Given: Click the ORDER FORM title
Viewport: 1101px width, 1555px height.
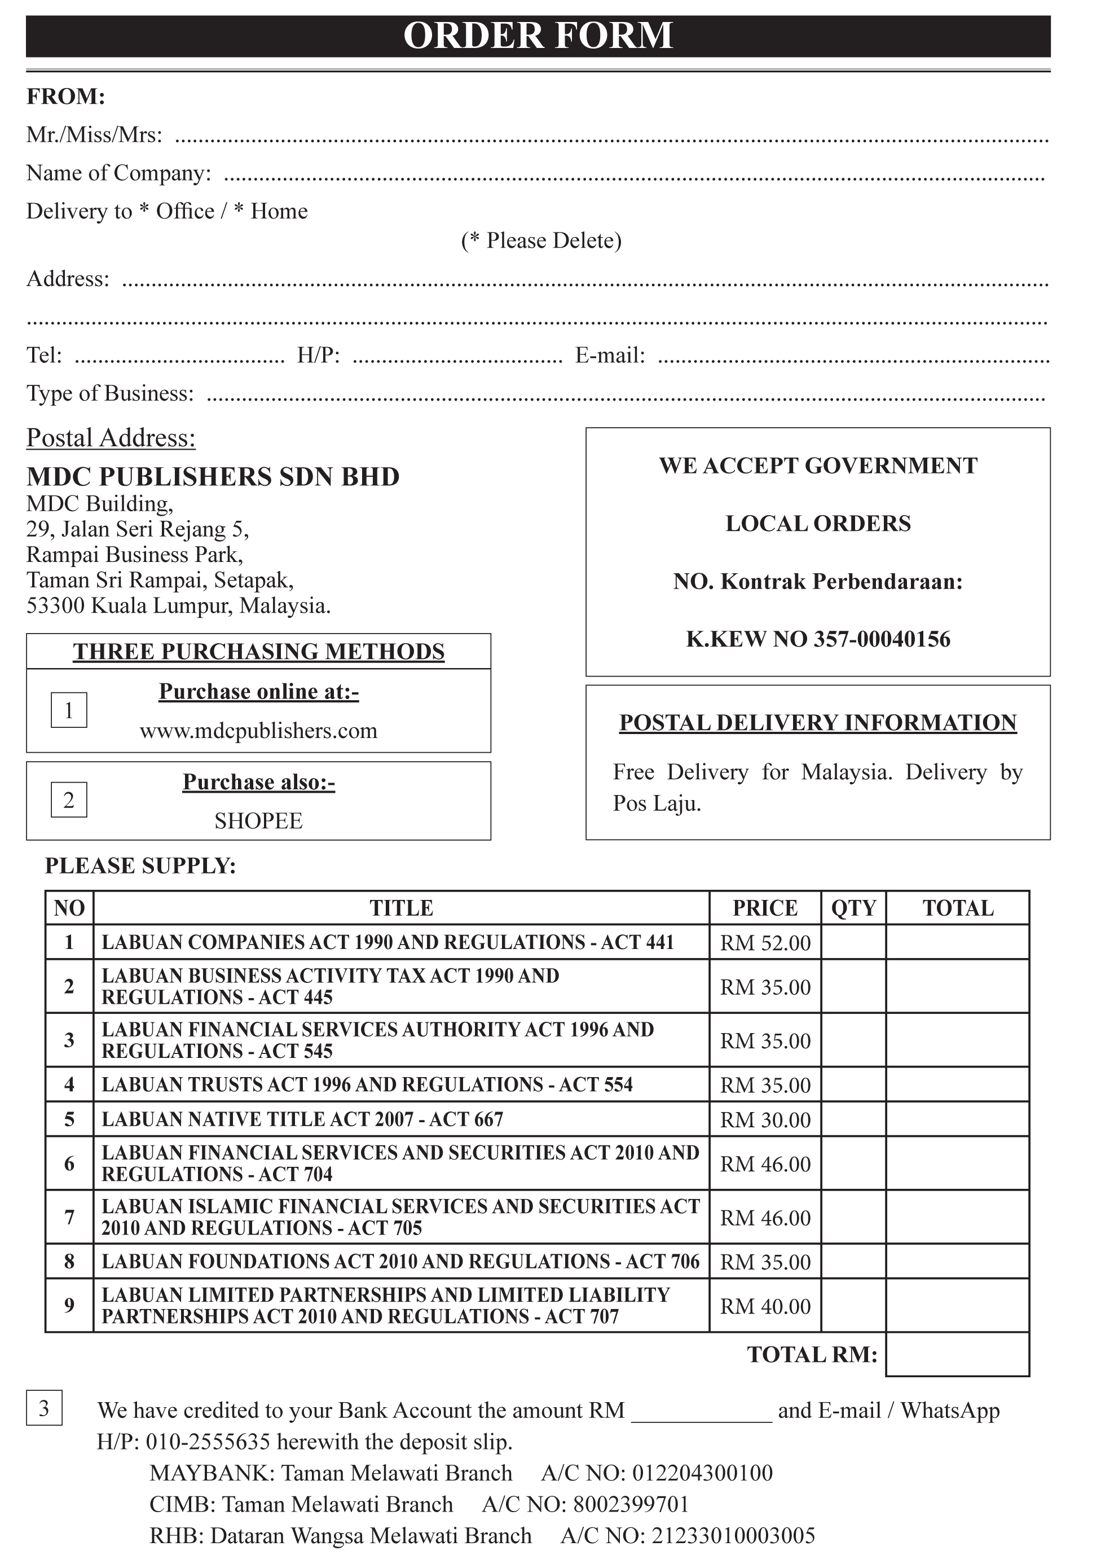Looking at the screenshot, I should pyautogui.click(x=538, y=36).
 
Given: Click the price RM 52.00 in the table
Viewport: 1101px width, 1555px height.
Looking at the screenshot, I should pyautogui.click(x=765, y=943).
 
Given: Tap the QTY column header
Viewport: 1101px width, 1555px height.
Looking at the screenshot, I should pyautogui.click(x=853, y=908).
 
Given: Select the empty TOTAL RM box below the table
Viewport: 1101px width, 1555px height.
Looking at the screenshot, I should pyautogui.click(x=957, y=1354).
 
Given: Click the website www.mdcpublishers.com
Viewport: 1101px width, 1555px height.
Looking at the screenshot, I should pyautogui.click(x=258, y=731).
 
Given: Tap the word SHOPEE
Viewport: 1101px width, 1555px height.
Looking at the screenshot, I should pyautogui.click(x=258, y=822).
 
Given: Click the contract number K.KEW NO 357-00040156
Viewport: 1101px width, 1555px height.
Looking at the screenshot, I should pyautogui.click(x=818, y=639).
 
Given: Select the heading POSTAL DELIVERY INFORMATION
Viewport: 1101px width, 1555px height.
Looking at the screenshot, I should pyautogui.click(x=818, y=723).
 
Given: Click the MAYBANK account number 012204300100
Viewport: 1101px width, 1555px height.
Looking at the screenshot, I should pyautogui.click(x=702, y=1473).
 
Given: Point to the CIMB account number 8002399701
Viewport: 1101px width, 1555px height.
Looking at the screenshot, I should pyautogui.click(x=631, y=1504).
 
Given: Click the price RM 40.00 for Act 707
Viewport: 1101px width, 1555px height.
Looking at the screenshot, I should pyautogui.click(x=765, y=1306).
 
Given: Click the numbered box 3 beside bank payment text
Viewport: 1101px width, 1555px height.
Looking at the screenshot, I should pyautogui.click(x=44, y=1408).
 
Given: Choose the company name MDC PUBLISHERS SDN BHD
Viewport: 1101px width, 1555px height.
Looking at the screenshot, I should pyautogui.click(x=213, y=477).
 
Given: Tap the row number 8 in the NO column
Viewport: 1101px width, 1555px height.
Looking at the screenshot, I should pyautogui.click(x=69, y=1262).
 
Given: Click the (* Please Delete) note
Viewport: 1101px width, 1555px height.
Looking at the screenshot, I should pyautogui.click(x=541, y=241).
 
